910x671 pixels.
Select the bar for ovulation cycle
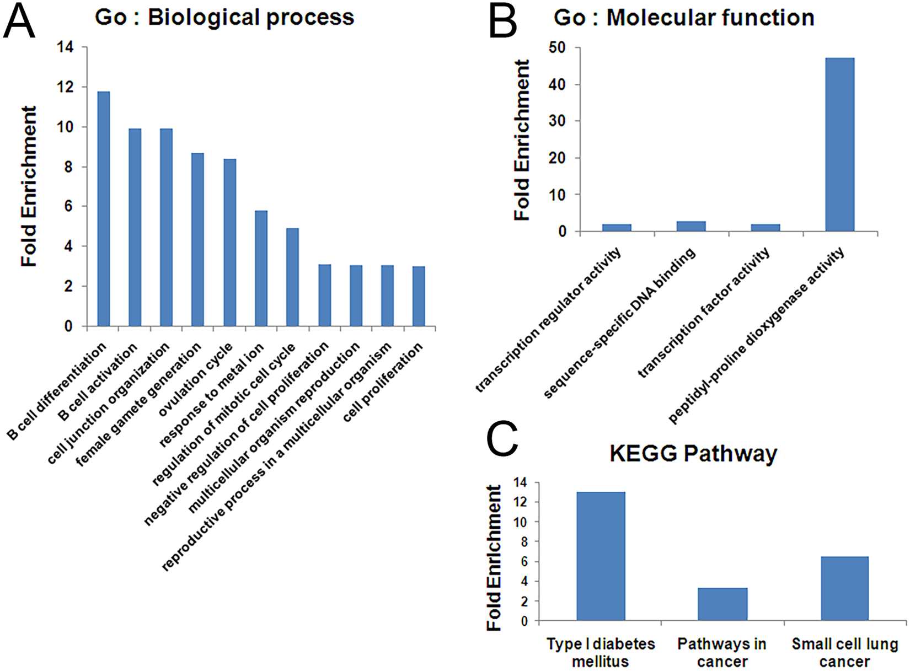pos(229,242)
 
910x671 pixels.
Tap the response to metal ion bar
pos(261,268)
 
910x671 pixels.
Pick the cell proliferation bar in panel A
pos(419,296)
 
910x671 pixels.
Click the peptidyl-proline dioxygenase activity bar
pos(839,144)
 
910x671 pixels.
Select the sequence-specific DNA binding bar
pos(691,226)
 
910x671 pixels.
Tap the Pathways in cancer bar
pos(722,604)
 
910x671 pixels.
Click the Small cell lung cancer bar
pos(844,588)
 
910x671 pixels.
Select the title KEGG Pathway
pos(693,454)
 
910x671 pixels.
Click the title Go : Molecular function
pos(684,18)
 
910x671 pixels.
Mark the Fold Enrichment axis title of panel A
pos(29,186)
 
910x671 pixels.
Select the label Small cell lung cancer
pos(844,652)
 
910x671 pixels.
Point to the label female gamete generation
pos(139,405)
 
